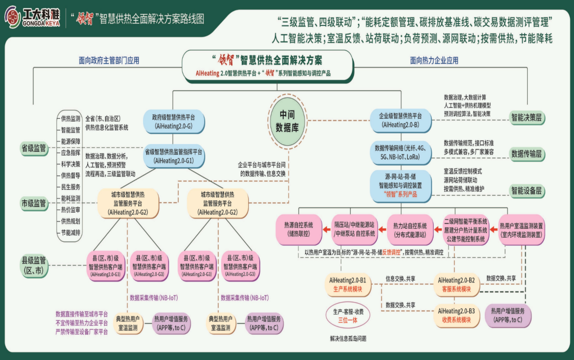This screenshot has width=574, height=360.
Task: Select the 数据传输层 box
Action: pyautogui.click(x=527, y=154)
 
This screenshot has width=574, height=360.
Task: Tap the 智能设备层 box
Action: pyautogui.click(x=527, y=190)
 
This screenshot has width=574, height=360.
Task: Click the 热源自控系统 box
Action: pyautogui.click(x=299, y=229)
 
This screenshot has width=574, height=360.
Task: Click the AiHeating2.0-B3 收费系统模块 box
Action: pyautogui.click(x=456, y=315)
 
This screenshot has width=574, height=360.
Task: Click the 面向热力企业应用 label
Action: pyautogui.click(x=434, y=61)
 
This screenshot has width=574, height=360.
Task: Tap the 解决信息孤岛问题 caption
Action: pyautogui.click(x=348, y=338)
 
